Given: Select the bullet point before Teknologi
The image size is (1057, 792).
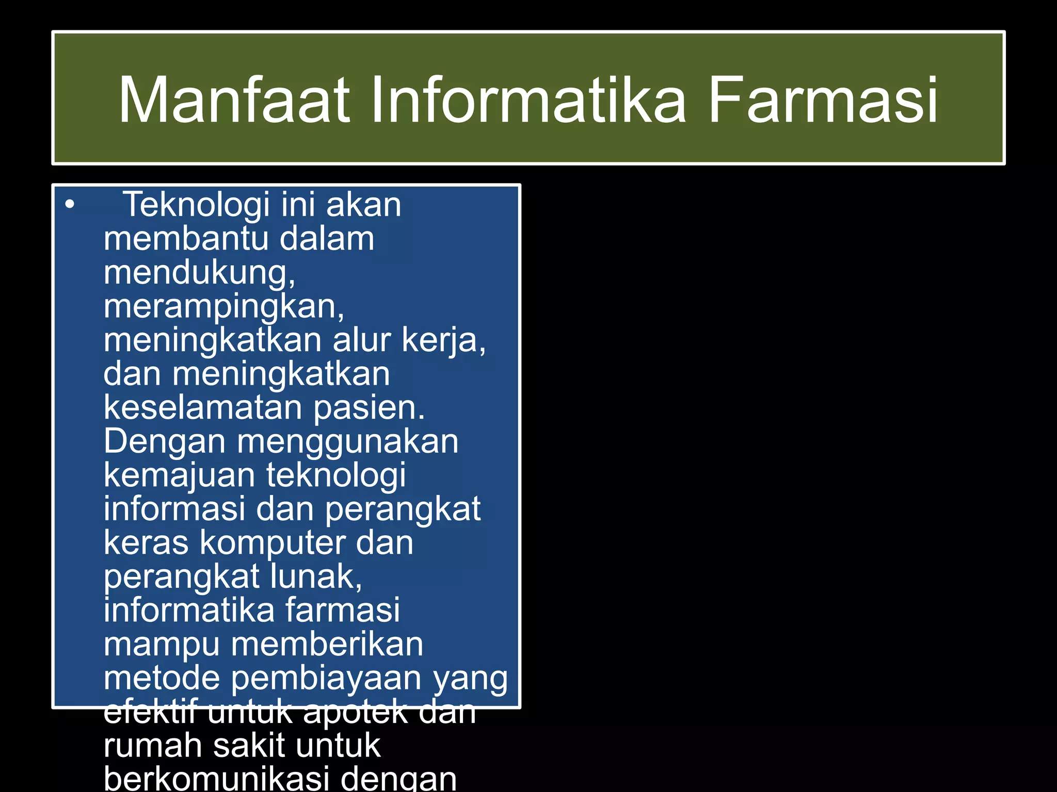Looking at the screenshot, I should pos(70,205).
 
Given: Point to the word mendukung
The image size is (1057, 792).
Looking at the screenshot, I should pos(199,273).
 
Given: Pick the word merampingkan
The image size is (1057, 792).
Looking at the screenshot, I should pos(223,307).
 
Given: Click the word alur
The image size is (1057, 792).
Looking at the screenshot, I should pos(362,340).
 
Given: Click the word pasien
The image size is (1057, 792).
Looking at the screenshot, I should pos(369,408).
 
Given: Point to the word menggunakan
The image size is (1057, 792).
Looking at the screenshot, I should pos(347,442).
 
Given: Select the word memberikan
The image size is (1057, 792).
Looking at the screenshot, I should pos(327,645).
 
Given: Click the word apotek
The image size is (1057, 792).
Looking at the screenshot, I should pos(356,712).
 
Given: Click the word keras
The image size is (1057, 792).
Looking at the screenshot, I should pos(146,543).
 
